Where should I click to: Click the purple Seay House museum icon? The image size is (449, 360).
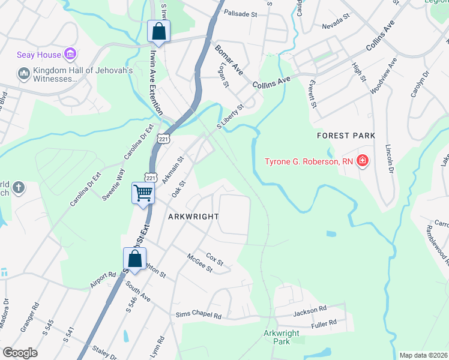(x=70, y=55)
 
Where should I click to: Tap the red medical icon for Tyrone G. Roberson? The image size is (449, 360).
(x=362, y=161)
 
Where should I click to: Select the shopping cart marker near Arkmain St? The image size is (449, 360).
(x=143, y=194)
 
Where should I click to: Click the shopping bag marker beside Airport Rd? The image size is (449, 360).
(x=135, y=259)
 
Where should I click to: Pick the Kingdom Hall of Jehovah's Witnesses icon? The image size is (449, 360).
(x=24, y=74)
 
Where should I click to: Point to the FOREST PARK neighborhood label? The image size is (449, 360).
(x=346, y=136)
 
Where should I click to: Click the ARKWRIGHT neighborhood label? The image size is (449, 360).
(x=193, y=216)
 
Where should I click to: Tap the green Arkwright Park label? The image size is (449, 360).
(x=277, y=337)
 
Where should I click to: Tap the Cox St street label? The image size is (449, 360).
(x=214, y=259)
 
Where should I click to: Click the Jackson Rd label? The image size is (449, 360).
(x=310, y=311)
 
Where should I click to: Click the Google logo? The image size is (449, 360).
(x=20, y=353)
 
